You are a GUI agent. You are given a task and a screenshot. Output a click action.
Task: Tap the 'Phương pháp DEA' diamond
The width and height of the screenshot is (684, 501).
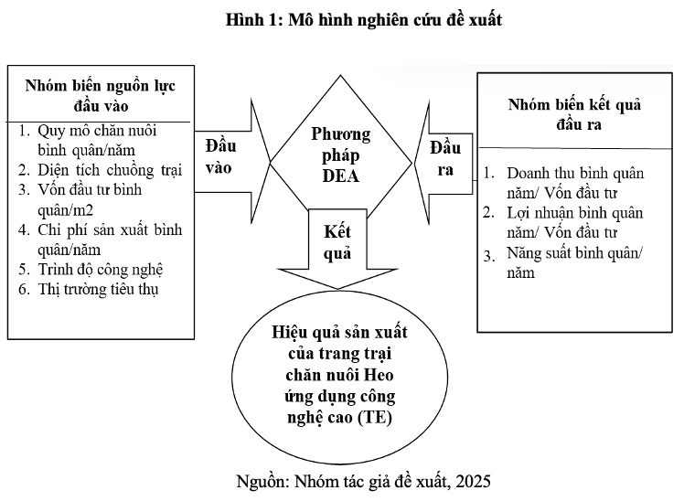click(340, 155)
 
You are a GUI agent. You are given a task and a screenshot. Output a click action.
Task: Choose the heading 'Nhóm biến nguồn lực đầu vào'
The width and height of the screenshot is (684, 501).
click(101, 94)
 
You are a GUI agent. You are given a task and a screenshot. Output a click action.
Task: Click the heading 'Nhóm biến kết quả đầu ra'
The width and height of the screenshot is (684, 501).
click(574, 114)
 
